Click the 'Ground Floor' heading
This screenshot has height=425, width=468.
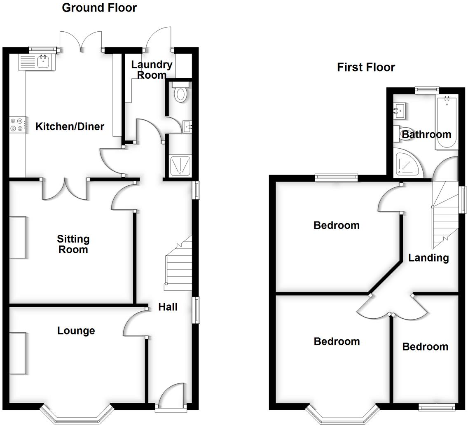coord(99,7)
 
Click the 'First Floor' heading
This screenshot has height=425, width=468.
coord(366,67)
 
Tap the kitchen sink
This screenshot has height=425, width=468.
coord(43,62)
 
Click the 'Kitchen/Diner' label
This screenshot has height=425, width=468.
coord(70,126)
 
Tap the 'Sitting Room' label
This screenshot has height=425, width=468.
coord(73,244)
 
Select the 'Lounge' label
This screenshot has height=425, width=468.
coord(76,331)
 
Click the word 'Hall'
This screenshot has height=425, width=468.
coord(168,307)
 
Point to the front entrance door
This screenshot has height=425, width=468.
coord(171,395)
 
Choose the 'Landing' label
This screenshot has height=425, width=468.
coord(428,258)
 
